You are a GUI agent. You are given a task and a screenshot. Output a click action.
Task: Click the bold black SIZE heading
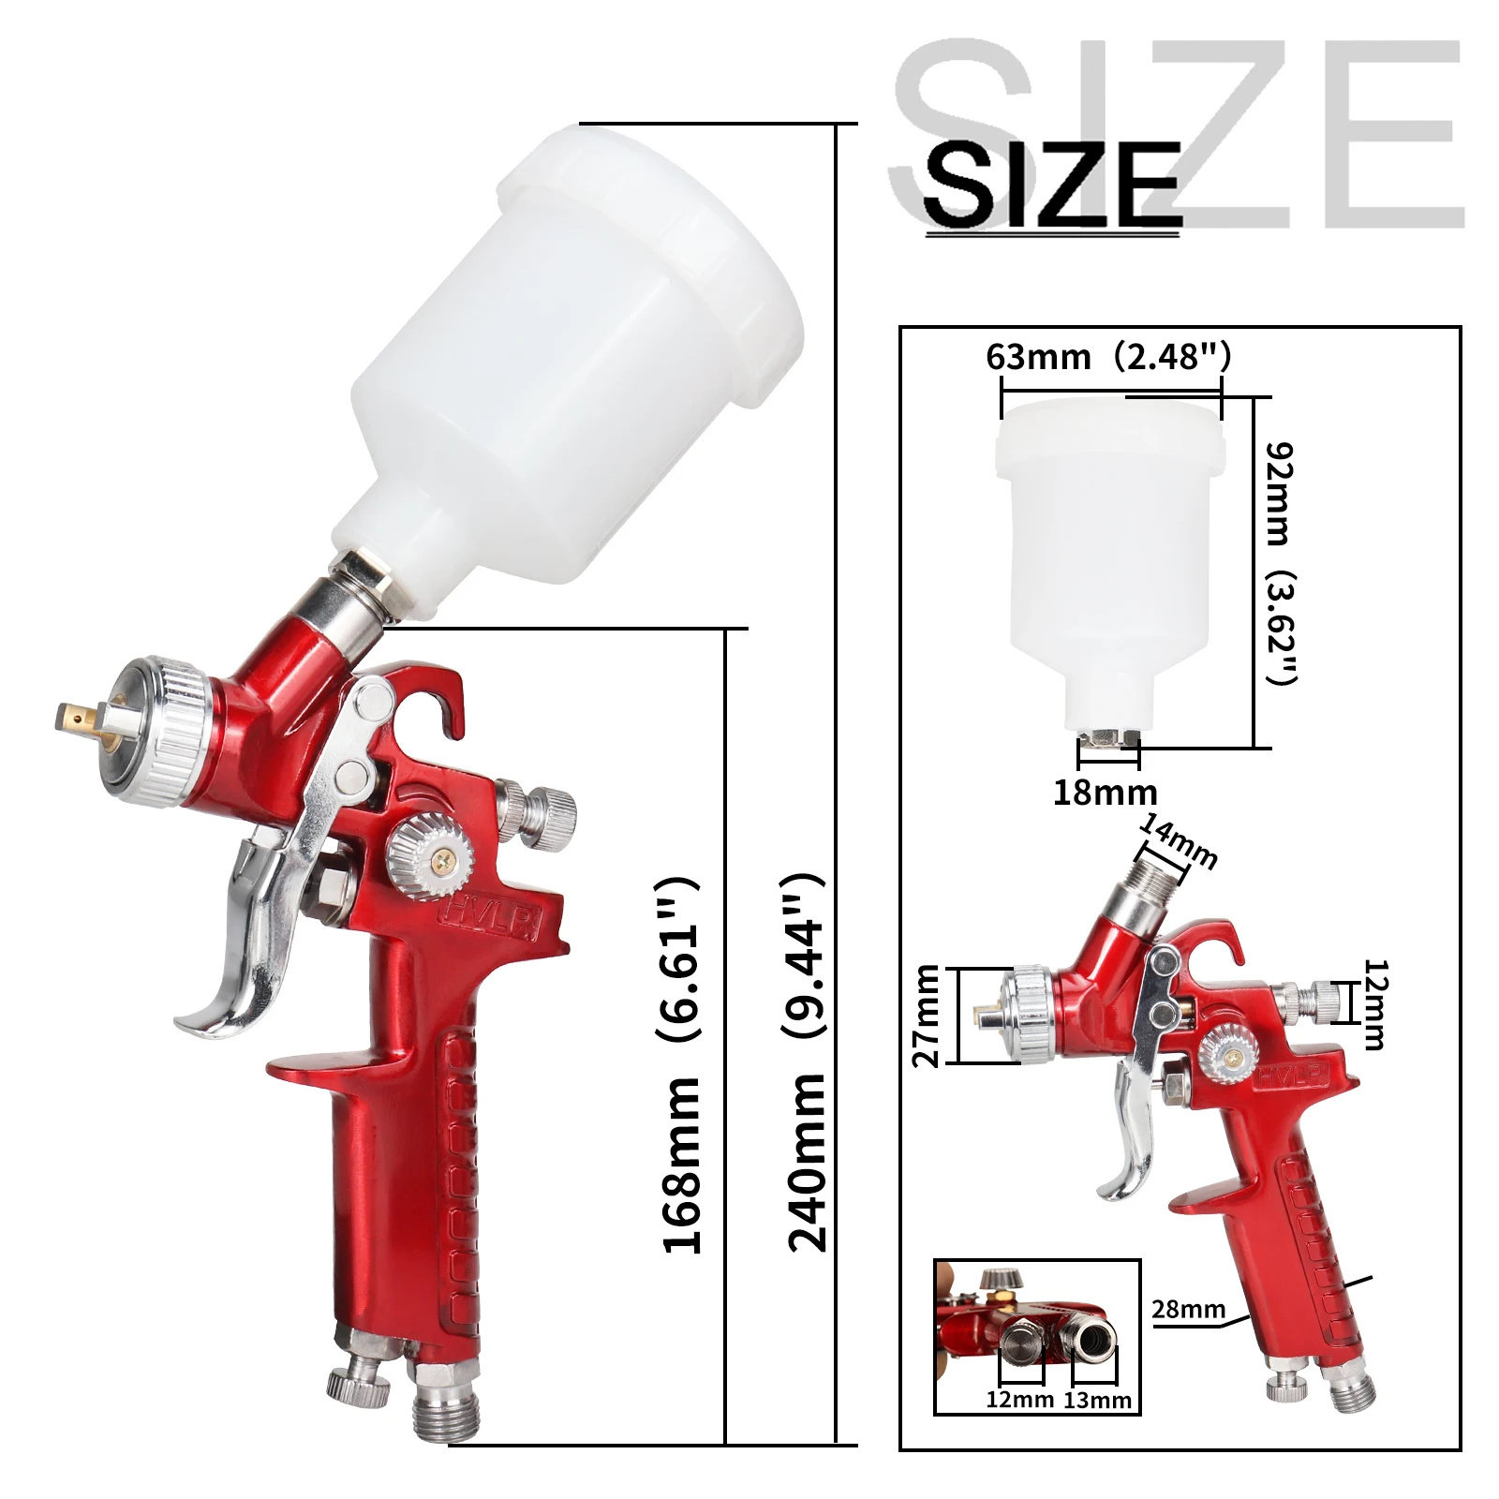(x=1051, y=185)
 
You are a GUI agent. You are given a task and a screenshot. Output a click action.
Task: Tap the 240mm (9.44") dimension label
(x=806, y=1063)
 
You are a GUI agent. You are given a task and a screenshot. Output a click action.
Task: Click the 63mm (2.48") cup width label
(x=1107, y=357)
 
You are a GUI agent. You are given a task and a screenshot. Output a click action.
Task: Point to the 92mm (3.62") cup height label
(x=1280, y=563)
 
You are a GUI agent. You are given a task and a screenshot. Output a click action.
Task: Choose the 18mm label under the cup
(x=1106, y=793)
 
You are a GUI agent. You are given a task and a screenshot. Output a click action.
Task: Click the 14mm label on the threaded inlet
(x=1180, y=840)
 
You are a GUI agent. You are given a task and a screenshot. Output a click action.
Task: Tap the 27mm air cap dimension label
(x=926, y=1016)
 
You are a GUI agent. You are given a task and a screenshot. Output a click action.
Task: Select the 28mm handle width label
(x=1188, y=1309)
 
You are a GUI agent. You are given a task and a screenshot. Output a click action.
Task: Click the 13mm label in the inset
(x=1098, y=1400)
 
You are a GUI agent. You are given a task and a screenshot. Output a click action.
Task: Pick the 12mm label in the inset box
(x=1019, y=1400)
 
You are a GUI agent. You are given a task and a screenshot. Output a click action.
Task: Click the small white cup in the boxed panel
(x=1109, y=562)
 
